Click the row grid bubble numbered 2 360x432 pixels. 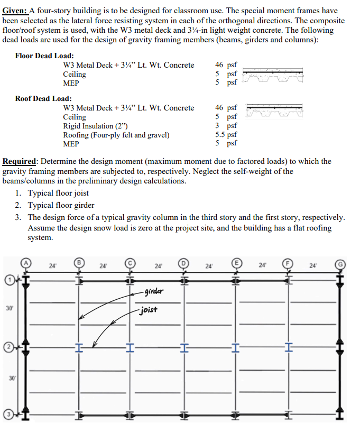click(x=8, y=347)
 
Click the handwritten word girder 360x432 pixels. click(x=153, y=291)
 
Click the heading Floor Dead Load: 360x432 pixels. click(x=44, y=56)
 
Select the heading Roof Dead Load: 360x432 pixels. click(x=43, y=98)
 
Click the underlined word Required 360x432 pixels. click(x=20, y=161)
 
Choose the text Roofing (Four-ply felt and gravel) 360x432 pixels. click(x=116, y=135)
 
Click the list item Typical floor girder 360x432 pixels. click(x=61, y=205)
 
